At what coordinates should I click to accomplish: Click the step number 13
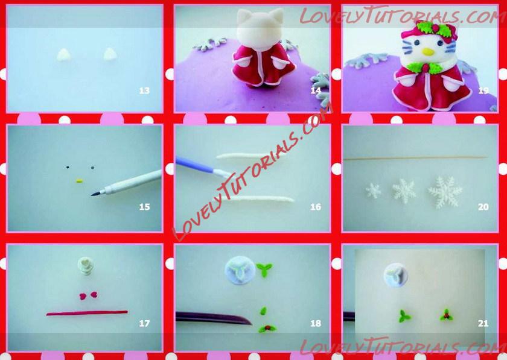144,90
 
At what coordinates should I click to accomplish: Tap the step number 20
483,207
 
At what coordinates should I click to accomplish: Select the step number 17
144,323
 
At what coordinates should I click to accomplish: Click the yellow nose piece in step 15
80,181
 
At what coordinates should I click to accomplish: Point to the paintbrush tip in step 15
92,195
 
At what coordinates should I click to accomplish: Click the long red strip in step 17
87,313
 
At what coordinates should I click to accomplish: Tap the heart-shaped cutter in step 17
86,266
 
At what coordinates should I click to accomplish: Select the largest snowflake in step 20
445,192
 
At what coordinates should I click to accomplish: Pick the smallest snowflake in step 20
374,191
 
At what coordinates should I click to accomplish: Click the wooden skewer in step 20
415,159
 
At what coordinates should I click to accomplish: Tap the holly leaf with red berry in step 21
447,315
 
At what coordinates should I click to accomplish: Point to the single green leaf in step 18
264,311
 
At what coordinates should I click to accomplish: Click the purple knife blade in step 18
214,318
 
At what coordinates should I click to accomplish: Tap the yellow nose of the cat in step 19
428,52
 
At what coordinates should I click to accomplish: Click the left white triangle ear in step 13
64,55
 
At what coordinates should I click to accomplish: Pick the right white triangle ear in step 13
110,54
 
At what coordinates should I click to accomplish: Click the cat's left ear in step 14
244,16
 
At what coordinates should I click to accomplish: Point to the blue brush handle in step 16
194,164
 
